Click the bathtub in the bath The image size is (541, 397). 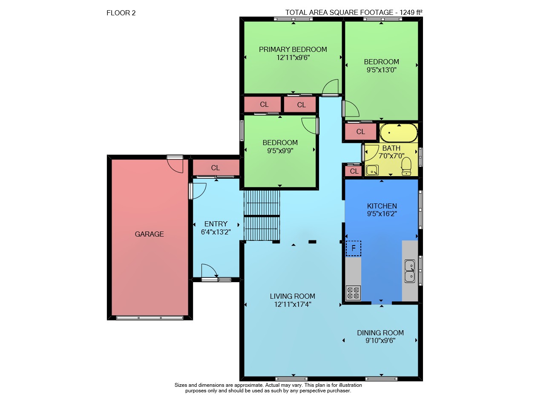399,133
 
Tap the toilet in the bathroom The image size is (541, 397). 406,166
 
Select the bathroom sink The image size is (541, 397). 372,170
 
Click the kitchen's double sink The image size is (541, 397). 410,271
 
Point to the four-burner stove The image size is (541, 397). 353,293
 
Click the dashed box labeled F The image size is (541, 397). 354,248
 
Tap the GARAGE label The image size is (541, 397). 149,234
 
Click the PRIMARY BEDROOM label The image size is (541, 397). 293,49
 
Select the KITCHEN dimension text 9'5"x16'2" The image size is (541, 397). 382,214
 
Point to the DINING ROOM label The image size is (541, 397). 380,333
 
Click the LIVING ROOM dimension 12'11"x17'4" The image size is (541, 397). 293,304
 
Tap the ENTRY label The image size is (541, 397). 216,224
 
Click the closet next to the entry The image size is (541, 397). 216,167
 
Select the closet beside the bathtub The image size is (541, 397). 360,131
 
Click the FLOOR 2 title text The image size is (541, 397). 121,13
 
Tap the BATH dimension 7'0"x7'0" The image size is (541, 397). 391,156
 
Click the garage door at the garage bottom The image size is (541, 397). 150,318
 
